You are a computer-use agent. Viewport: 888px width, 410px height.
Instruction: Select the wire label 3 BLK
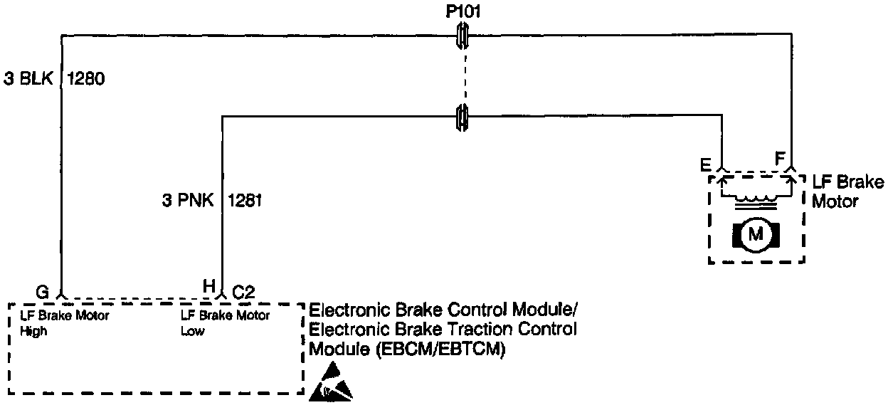tap(29, 80)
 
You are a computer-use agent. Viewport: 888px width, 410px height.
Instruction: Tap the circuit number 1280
tap(86, 80)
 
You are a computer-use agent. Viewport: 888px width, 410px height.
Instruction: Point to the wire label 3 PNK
tap(189, 201)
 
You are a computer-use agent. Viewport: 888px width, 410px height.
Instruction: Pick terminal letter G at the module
tap(43, 292)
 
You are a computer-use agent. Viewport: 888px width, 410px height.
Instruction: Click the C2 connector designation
tap(244, 291)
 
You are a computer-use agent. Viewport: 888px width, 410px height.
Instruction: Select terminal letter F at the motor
tap(781, 158)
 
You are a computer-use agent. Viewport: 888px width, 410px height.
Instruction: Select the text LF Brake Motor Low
tap(226, 323)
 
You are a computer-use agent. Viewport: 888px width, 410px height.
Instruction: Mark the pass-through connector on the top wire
tap(463, 33)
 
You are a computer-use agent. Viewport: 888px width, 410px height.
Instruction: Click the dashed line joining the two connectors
tap(463, 75)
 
